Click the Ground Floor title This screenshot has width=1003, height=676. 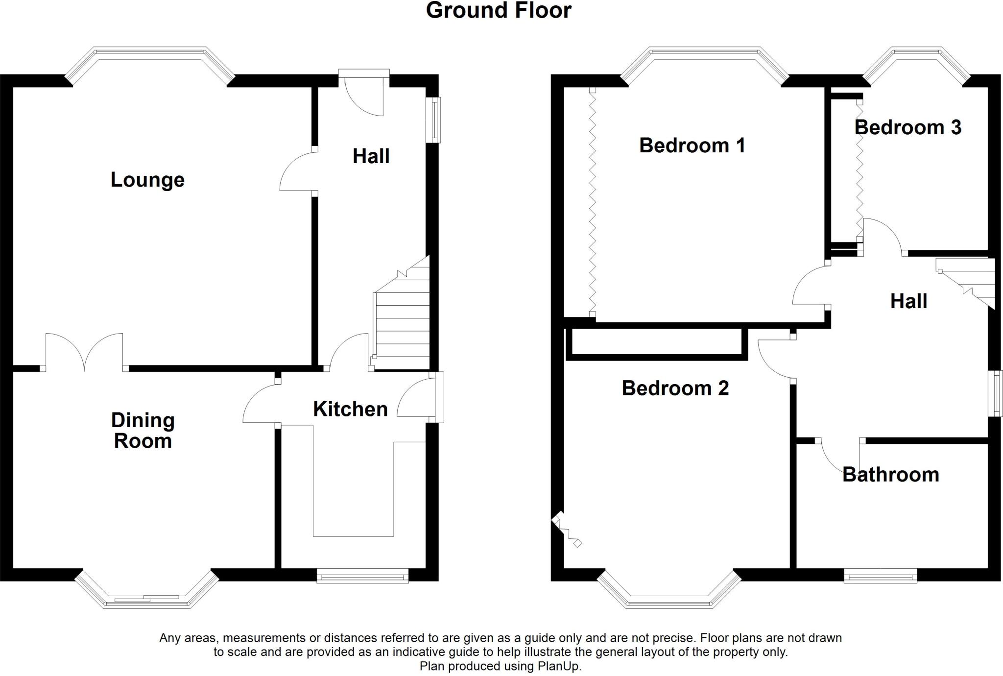click(498, 11)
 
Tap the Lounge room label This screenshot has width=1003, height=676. click(147, 180)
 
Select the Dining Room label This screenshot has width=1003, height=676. click(143, 431)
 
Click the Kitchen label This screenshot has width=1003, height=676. click(350, 409)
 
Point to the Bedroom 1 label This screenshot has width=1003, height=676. click(692, 145)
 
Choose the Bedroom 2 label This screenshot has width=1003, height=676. click(675, 388)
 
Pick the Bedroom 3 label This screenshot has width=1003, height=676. click(907, 127)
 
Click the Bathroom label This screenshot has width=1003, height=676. click(890, 475)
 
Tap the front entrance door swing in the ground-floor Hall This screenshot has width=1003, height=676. click(363, 98)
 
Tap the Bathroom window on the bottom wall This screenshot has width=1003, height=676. click(880, 576)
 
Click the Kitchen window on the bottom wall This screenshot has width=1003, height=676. click(362, 576)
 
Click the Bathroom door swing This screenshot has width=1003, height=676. click(838, 456)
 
